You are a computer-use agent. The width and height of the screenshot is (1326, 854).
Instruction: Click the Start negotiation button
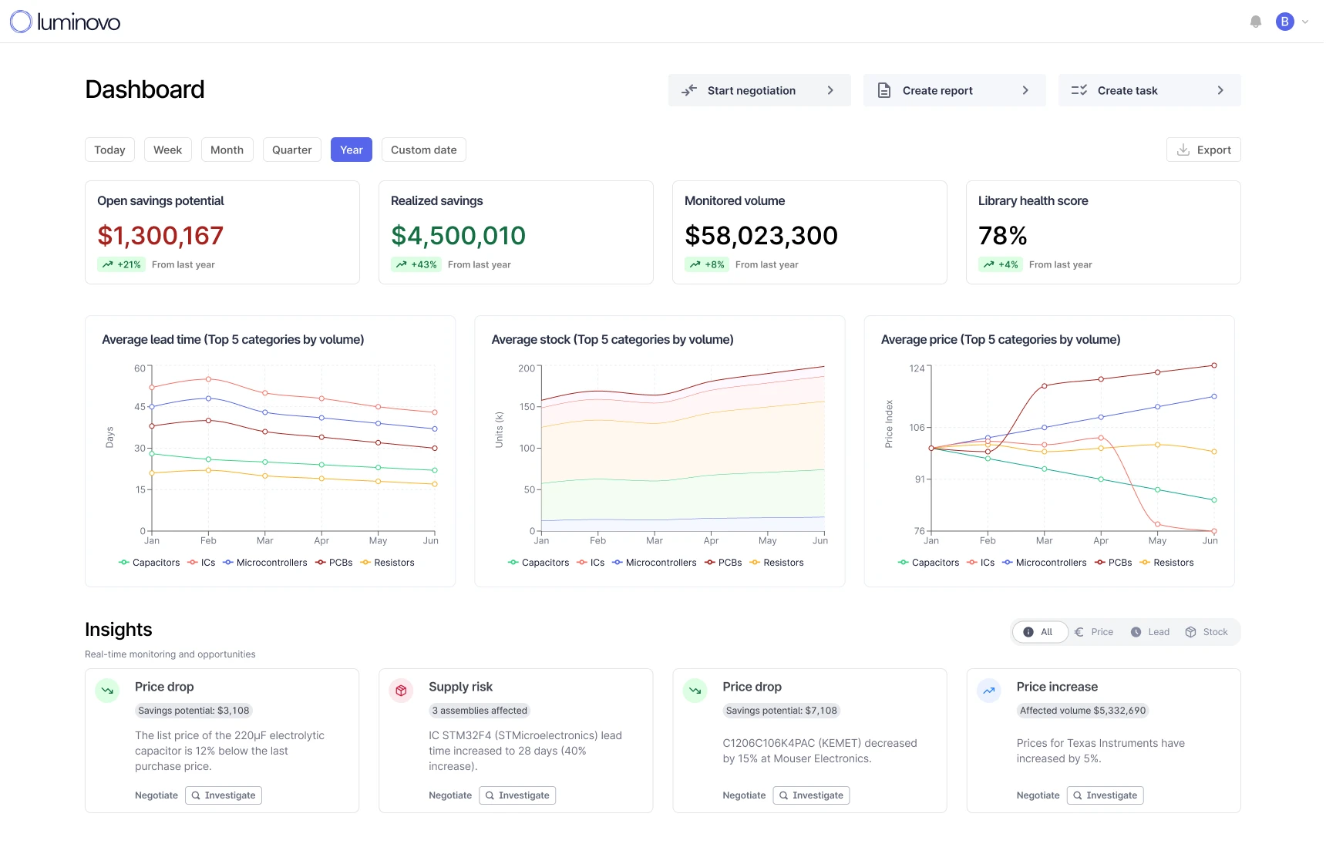pyautogui.click(x=759, y=90)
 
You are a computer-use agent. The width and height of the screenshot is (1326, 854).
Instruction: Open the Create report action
pyautogui.click(x=954, y=90)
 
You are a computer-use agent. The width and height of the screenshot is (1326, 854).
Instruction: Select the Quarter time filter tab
pyautogui.click(x=291, y=150)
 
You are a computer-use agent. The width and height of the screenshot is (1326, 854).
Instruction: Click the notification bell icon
pyautogui.click(x=1256, y=22)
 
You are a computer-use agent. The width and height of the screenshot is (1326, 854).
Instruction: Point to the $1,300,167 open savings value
pyautogui.click(x=160, y=236)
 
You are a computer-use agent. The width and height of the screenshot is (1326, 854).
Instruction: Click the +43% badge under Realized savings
pyautogui.click(x=416, y=264)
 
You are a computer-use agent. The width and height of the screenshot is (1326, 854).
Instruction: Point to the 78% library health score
pyautogui.click(x=1002, y=236)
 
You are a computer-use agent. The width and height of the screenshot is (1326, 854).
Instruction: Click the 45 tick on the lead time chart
pyautogui.click(x=140, y=406)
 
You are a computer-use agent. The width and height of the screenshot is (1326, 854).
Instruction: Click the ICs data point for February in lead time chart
pyautogui.click(x=208, y=379)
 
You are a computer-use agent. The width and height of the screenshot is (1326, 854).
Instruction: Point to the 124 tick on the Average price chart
pyautogui.click(x=917, y=368)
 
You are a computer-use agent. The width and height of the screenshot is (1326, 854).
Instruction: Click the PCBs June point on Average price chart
pyautogui.click(x=1214, y=365)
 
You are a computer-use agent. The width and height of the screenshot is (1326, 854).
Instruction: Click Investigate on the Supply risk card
pyautogui.click(x=517, y=795)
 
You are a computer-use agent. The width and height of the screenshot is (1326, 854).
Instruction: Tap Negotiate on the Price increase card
pyautogui.click(x=1038, y=795)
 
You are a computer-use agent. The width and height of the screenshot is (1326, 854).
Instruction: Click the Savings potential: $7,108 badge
pyautogui.click(x=781, y=711)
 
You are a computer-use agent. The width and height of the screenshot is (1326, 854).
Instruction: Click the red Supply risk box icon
pyautogui.click(x=401, y=691)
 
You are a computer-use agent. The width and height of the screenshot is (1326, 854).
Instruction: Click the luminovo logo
pyautogui.click(x=65, y=22)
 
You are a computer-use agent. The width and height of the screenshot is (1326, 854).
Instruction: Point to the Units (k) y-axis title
pyautogui.click(x=499, y=429)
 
